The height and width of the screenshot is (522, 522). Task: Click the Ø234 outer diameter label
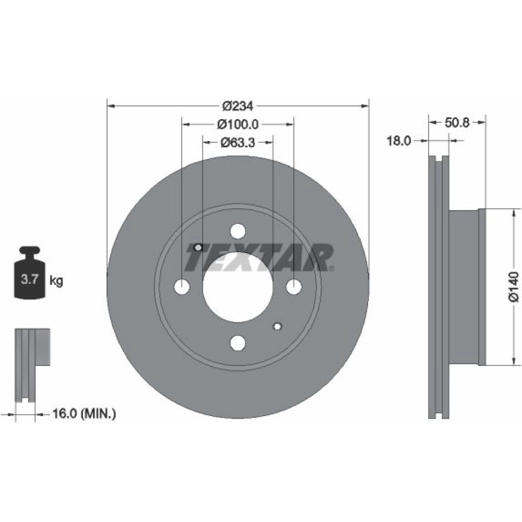point(238,106)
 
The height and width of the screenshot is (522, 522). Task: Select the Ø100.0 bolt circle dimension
point(238,124)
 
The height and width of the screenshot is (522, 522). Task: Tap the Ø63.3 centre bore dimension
point(238,143)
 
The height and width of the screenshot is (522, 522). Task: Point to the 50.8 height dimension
point(457,123)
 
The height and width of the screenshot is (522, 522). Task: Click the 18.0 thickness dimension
point(399,141)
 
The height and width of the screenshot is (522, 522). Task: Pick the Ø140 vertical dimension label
point(514,287)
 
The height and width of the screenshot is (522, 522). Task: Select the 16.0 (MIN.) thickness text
point(84,414)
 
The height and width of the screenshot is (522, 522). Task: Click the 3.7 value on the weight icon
point(30,279)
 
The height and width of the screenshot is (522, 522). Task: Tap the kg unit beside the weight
point(56,281)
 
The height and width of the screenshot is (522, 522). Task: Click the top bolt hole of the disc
point(238,231)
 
